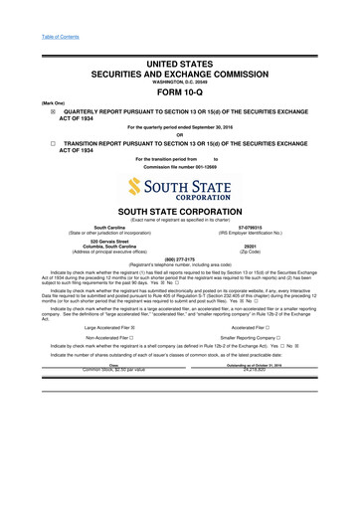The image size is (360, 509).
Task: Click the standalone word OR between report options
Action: pyautogui.click(x=179, y=136)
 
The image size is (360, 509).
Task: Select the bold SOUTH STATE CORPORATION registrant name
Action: pyautogui.click(x=179, y=212)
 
